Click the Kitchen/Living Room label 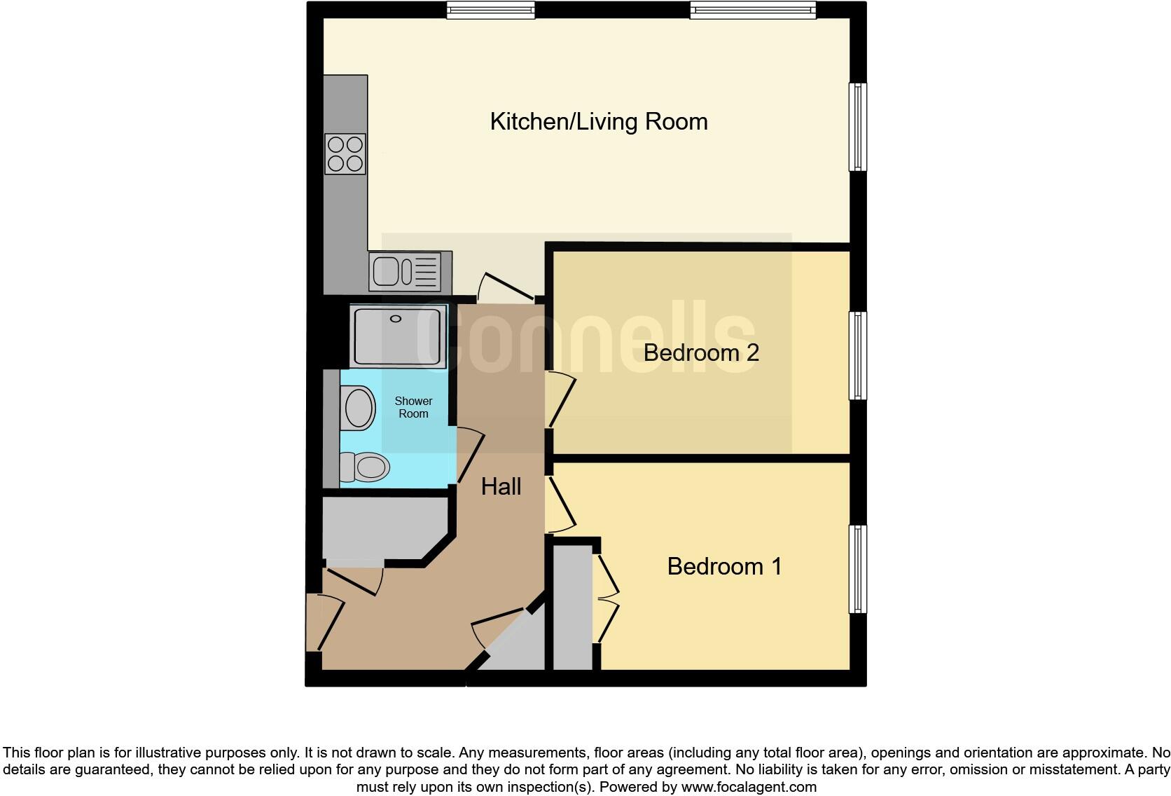599,122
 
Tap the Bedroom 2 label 701,352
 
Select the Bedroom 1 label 724,566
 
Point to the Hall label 501,486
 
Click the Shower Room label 413,407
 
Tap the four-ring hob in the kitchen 345,154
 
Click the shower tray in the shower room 398,336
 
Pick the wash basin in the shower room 359,408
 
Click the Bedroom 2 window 858,356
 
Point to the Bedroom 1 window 858,569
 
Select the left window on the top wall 491,10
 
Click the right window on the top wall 753,10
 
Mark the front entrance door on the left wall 324,622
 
